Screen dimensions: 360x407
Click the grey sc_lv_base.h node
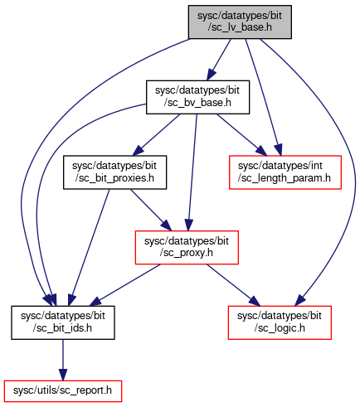point(240,22)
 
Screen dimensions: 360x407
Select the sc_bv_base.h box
point(197,97)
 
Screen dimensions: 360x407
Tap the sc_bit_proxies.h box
point(114,172)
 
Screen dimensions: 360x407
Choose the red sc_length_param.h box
point(285,172)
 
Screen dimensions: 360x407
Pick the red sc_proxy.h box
point(187,247)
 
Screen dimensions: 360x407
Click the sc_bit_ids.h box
point(63,322)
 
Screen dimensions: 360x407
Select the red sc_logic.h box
point(280,322)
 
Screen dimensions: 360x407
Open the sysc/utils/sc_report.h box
point(63,391)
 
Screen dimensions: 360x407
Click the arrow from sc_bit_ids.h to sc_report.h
point(63,360)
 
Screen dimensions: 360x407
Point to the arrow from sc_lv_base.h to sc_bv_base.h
point(219,60)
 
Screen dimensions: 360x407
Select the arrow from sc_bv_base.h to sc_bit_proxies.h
point(157,134)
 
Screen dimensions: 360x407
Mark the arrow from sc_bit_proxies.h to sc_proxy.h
point(151,210)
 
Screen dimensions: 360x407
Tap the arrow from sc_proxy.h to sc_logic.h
point(234,285)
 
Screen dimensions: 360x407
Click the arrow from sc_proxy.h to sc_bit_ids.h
point(125,285)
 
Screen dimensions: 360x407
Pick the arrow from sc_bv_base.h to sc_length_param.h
point(242,134)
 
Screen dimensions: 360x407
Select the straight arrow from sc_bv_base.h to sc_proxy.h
point(192,172)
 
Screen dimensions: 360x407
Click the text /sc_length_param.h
point(285,178)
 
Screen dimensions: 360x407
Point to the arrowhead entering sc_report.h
point(63,376)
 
